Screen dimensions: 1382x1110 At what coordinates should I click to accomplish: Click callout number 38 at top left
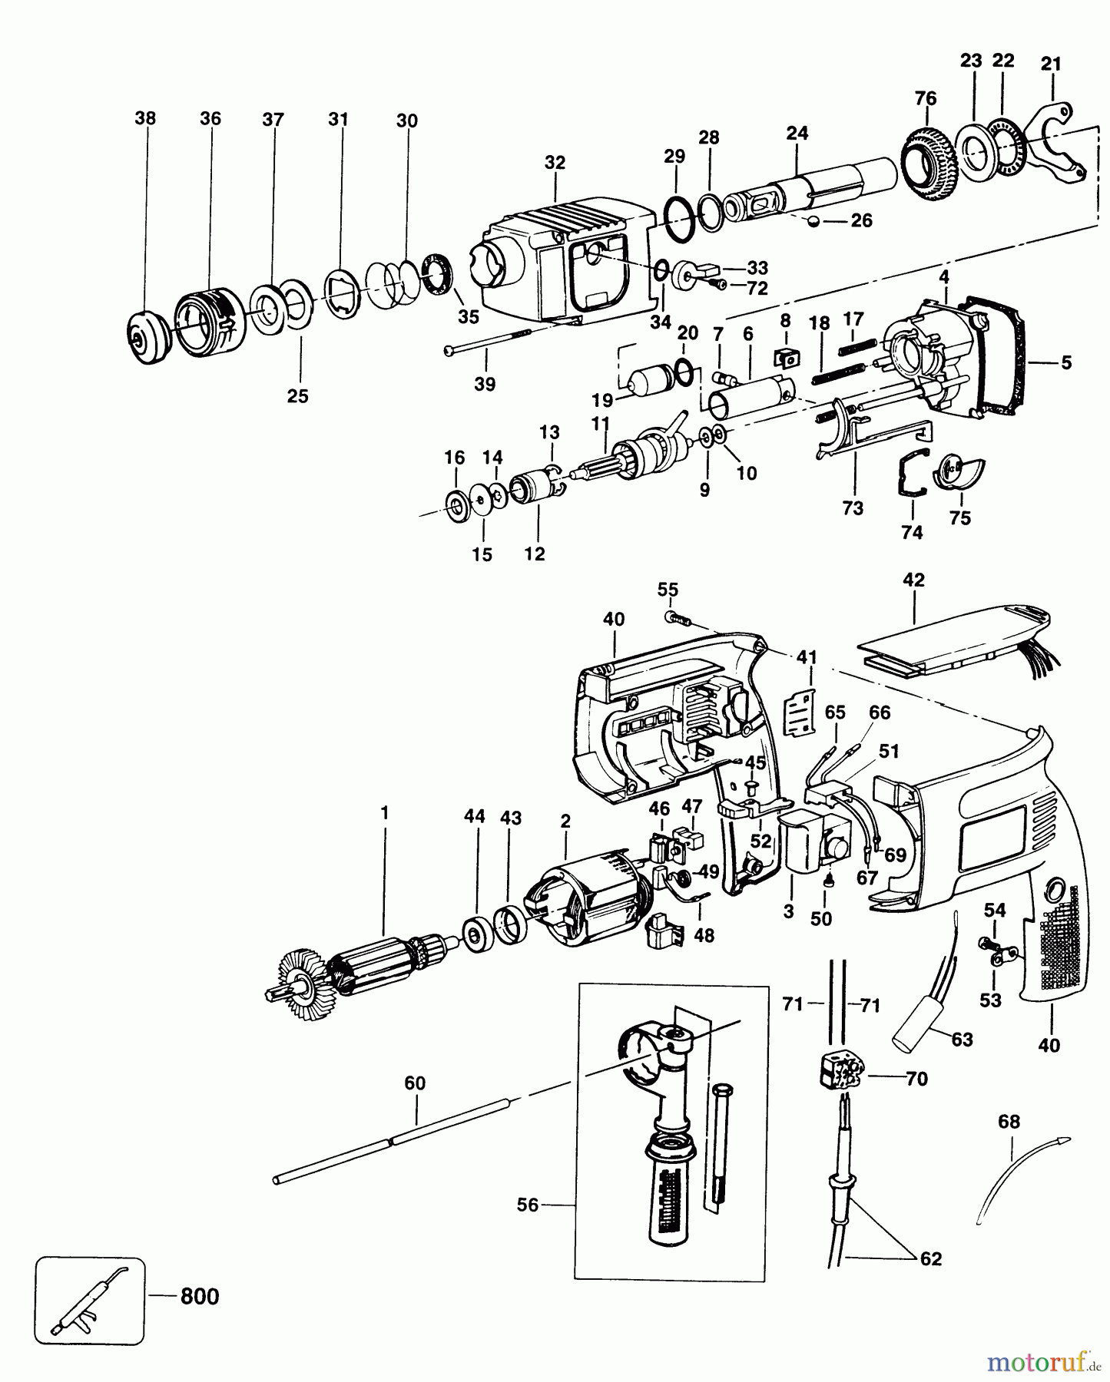(x=144, y=118)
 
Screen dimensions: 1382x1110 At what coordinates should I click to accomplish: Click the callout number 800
(x=199, y=1297)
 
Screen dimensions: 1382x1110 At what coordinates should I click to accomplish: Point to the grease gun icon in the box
(x=89, y=1301)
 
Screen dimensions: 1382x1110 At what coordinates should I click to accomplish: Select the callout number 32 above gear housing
(x=555, y=163)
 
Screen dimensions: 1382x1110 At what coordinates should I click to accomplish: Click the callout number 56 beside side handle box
(x=527, y=1205)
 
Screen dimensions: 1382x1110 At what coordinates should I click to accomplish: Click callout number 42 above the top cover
(x=913, y=580)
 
